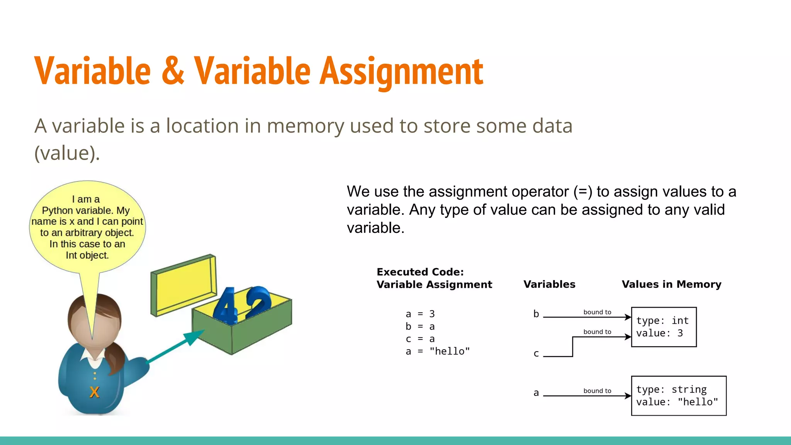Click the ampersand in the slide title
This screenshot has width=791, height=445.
tap(173, 71)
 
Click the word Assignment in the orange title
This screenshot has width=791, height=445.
tap(402, 71)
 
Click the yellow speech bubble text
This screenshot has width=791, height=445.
tap(87, 227)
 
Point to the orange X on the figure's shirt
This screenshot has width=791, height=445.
tap(94, 392)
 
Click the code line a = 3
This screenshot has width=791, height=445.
tap(420, 314)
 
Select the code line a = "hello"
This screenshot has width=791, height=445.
tap(438, 351)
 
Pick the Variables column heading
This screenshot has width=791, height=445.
tap(549, 284)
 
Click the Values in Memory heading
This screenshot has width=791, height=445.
tap(671, 284)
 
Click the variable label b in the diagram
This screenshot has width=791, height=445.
tap(536, 314)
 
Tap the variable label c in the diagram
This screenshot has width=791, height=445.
tap(536, 353)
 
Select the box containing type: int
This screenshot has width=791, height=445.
tap(664, 327)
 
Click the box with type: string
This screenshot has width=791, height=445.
tap(679, 396)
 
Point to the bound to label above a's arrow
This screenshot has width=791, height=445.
tap(597, 391)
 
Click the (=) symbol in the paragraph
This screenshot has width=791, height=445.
tap(583, 192)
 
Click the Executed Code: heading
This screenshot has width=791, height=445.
tap(420, 272)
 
